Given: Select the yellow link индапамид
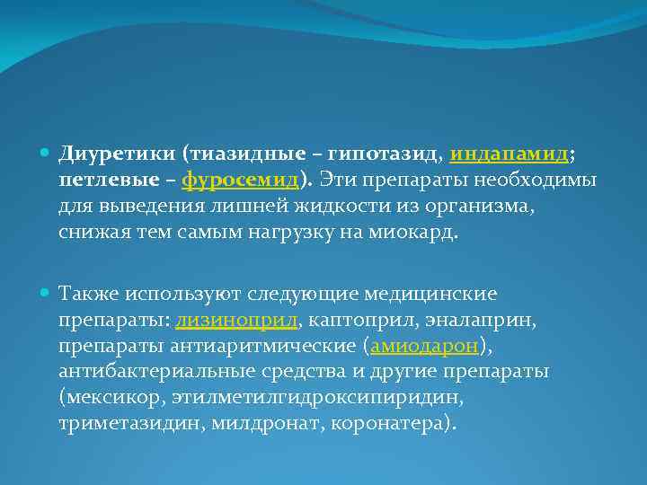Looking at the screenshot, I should [x=509, y=154].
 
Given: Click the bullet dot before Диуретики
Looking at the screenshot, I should [x=47, y=154].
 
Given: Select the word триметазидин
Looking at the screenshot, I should [x=131, y=423].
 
